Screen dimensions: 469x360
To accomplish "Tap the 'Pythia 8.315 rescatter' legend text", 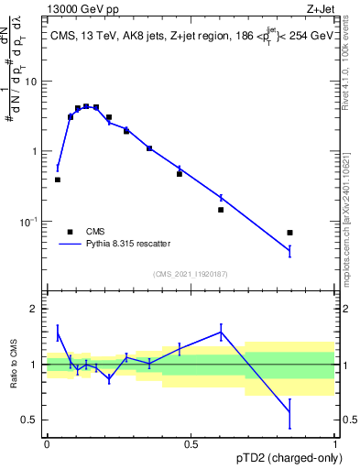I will point(127,244).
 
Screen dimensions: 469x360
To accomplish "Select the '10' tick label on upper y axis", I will point(30,82).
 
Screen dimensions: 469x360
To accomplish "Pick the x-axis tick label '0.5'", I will point(191,444).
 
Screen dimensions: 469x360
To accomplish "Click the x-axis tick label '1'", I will point(335,444).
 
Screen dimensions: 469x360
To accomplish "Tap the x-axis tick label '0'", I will point(47,444).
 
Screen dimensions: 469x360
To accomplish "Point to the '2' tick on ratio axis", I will point(33,309).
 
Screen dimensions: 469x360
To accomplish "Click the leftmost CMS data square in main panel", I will point(58,180).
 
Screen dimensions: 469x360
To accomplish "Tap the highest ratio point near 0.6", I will point(221,331).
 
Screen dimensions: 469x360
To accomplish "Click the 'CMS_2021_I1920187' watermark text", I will point(191,274).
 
